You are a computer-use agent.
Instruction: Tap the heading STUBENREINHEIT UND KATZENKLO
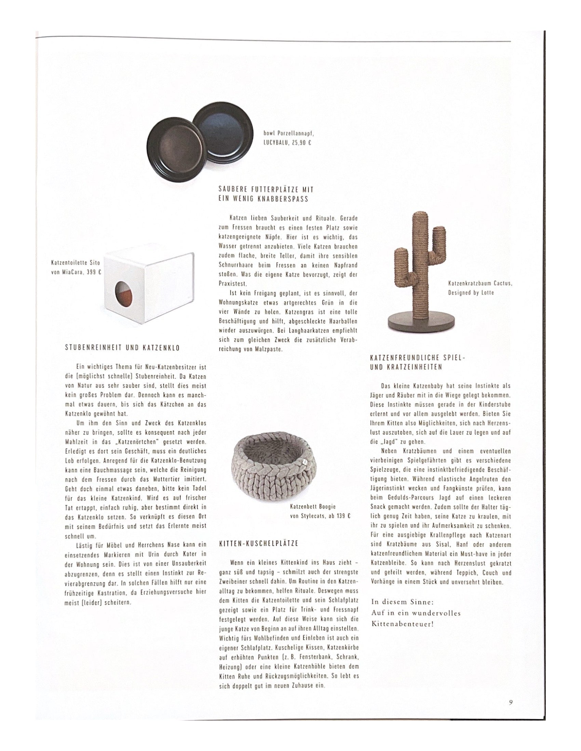(x=122, y=348)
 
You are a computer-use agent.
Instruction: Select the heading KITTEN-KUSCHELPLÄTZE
(x=258, y=544)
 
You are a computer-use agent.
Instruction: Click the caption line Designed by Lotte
(x=471, y=293)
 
